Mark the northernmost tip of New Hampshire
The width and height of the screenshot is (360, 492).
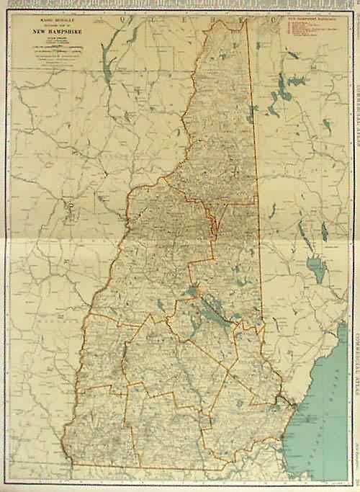tap(245, 19)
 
